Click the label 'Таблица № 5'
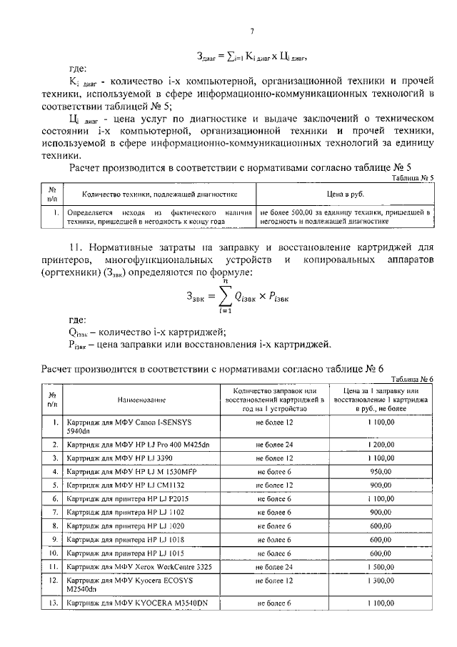pos(413,177)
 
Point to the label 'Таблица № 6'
pos(413,379)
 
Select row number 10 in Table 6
pos(52,553)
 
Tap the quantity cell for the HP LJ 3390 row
pos(274,458)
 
